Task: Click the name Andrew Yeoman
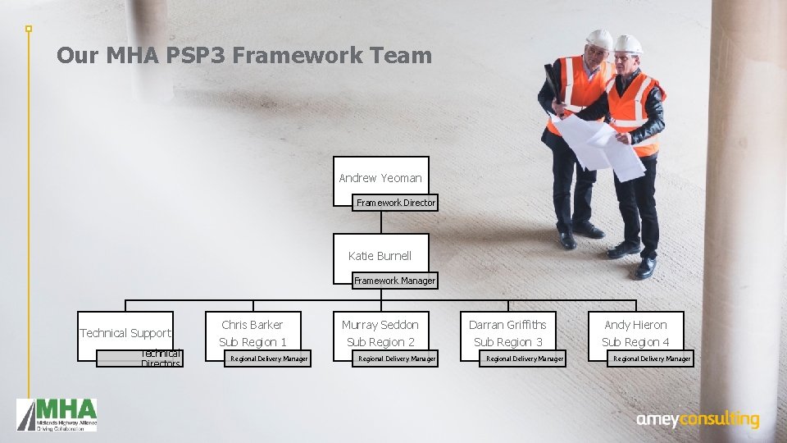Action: pos(380,178)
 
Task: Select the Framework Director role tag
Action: pos(396,202)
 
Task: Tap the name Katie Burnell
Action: pos(380,256)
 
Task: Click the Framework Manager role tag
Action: pos(394,281)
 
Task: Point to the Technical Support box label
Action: pos(125,333)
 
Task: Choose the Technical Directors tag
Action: pos(160,359)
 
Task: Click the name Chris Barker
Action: pos(252,325)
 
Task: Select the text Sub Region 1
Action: pos(252,342)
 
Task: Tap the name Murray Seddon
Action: pos(380,325)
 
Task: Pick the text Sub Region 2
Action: pos(380,342)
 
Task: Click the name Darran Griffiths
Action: pos(507,325)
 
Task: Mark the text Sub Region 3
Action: pos(508,342)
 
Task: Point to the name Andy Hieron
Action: pos(635,325)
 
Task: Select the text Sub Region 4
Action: pos(635,342)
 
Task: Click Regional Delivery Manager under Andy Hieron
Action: pos(652,359)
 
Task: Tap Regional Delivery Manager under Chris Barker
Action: pos(269,359)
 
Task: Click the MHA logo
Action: pos(57,414)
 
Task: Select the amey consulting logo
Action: pos(698,419)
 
